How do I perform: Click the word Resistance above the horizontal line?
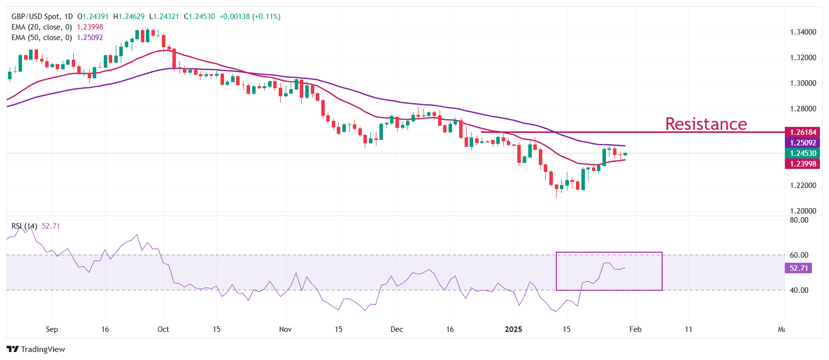click(x=706, y=124)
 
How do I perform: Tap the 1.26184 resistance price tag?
click(x=802, y=132)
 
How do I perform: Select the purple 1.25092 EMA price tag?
click(x=802, y=143)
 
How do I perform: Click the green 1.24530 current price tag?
click(x=802, y=153)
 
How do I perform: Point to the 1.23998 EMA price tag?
click(x=802, y=164)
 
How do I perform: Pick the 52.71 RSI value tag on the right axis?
click(x=798, y=268)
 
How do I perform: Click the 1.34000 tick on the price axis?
click(x=803, y=32)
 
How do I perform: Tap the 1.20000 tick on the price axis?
click(x=803, y=211)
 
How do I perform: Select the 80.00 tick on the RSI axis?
click(x=799, y=220)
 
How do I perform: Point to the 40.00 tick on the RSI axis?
click(x=799, y=290)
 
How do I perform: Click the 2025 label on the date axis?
click(x=513, y=329)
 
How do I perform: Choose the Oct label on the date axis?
click(x=163, y=329)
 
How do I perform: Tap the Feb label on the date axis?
click(x=635, y=329)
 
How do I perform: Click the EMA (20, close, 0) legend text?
click(x=42, y=27)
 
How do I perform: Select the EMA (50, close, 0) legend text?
click(x=42, y=38)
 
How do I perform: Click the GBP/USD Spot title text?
click(x=35, y=17)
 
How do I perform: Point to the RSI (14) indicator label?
click(x=24, y=226)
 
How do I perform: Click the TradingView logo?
click(x=36, y=349)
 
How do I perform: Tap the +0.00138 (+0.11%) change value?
click(x=250, y=17)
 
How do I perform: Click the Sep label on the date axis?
click(x=52, y=329)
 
